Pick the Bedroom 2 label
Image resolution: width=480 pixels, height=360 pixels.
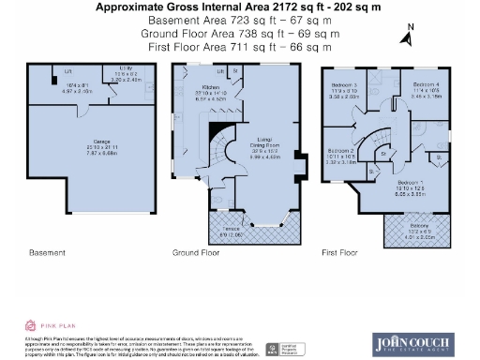340,152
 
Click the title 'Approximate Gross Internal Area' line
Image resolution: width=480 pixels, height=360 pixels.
239,6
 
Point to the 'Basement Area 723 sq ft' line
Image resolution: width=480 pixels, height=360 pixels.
239,19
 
